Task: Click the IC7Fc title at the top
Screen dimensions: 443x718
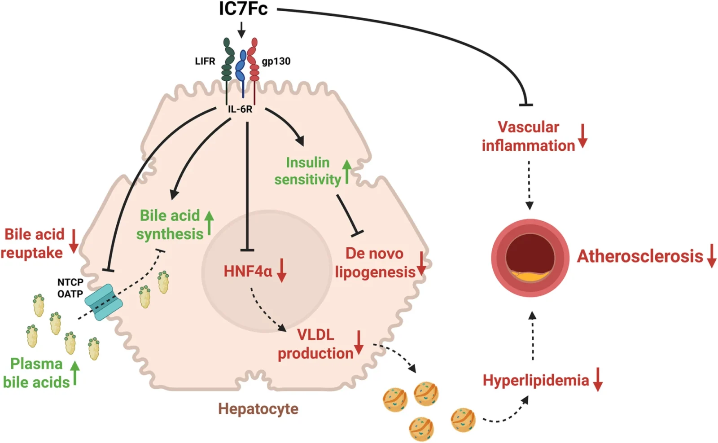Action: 243,9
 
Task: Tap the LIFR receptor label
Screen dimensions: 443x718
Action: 205,61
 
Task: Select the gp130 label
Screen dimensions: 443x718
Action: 276,61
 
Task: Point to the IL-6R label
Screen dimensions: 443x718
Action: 240,109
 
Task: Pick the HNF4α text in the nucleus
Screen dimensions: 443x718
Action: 248,271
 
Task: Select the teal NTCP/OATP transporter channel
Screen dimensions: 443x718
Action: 104,302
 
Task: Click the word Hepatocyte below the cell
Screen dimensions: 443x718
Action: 258,409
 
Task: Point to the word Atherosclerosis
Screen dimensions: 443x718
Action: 640,256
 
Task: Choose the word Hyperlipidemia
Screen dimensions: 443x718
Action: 535,380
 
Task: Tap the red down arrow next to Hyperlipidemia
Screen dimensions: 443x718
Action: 598,379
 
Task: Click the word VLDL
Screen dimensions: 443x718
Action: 315,334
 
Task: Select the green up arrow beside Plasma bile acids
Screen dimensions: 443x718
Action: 75,373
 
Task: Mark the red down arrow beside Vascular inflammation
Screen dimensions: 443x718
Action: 582,136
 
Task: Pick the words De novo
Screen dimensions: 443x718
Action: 374,253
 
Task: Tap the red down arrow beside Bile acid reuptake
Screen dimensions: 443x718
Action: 74,241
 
